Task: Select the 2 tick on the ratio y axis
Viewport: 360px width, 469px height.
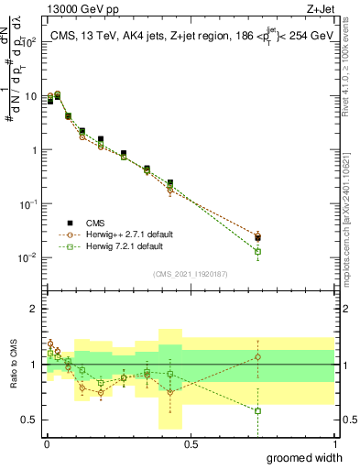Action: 36,309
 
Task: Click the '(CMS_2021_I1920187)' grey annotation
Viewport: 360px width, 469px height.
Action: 191,272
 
